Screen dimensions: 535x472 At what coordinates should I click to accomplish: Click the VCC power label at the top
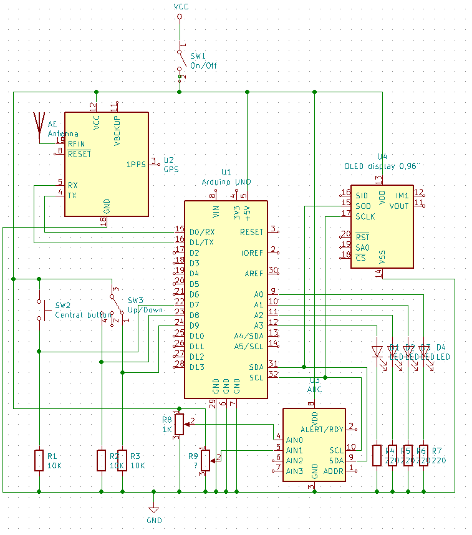180,6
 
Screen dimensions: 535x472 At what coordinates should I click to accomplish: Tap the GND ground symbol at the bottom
154,510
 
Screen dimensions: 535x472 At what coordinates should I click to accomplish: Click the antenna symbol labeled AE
39,123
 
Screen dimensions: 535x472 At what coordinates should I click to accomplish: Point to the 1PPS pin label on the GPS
137,165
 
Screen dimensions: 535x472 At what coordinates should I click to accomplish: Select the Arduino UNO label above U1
226,181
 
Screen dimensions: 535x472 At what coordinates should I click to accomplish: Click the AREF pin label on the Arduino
254,273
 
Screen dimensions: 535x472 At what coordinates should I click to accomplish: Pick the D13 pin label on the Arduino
197,367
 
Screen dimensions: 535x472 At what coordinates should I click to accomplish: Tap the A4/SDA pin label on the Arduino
248,335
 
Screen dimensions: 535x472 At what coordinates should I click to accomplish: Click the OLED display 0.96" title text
382,166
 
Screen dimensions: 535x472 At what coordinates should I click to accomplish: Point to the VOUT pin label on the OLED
399,206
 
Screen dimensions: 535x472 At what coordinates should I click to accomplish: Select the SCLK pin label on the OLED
365,216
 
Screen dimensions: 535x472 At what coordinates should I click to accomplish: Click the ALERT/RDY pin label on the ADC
322,429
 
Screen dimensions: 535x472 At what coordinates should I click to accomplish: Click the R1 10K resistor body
39,460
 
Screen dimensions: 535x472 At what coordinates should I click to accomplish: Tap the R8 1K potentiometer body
180,424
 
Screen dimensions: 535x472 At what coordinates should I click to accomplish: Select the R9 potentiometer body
205,461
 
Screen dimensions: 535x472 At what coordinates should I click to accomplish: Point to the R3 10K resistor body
122,460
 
